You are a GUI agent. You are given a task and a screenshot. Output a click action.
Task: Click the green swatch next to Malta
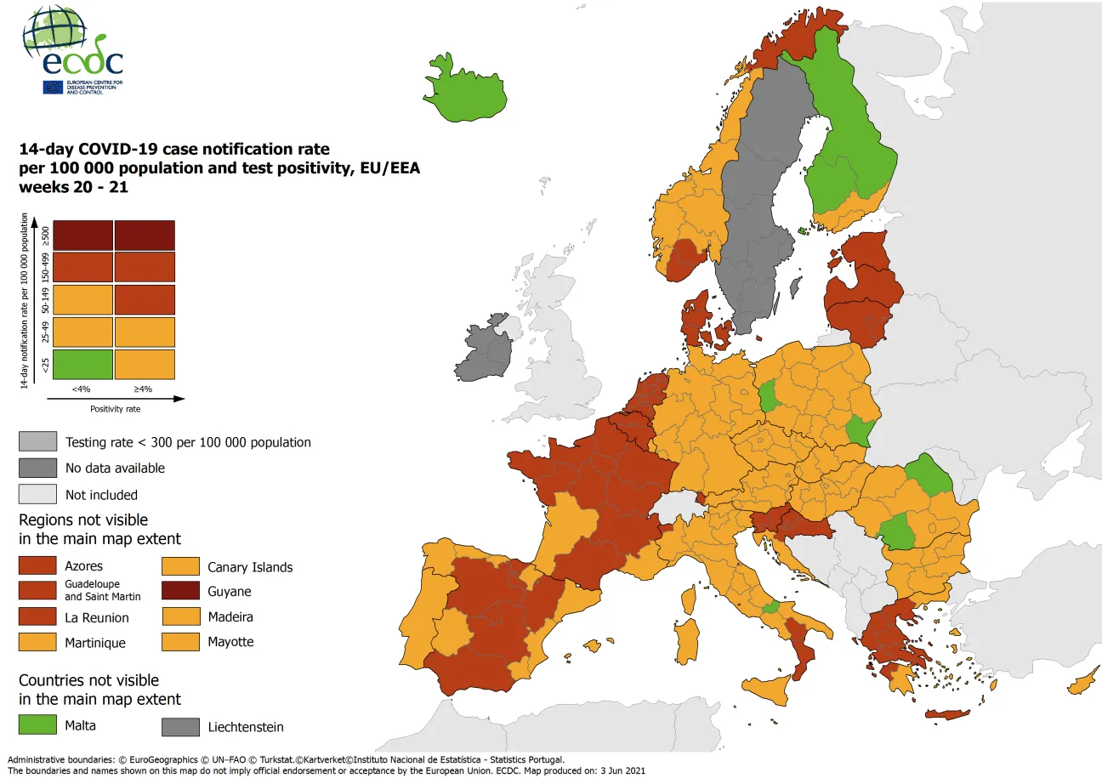(39, 725)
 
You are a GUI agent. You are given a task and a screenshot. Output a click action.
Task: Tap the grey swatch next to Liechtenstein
(181, 727)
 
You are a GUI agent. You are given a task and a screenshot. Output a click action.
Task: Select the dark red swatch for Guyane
(181, 591)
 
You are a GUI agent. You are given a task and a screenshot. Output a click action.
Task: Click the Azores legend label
(84, 566)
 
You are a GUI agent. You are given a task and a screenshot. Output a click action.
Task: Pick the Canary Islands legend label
(249, 567)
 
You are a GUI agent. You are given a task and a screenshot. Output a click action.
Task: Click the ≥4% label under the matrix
(144, 389)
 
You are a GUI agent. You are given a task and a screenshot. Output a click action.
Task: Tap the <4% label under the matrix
(81, 389)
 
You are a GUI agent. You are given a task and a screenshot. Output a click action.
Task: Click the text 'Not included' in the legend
(101, 495)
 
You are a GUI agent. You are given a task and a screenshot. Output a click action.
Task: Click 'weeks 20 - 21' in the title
(73, 187)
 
